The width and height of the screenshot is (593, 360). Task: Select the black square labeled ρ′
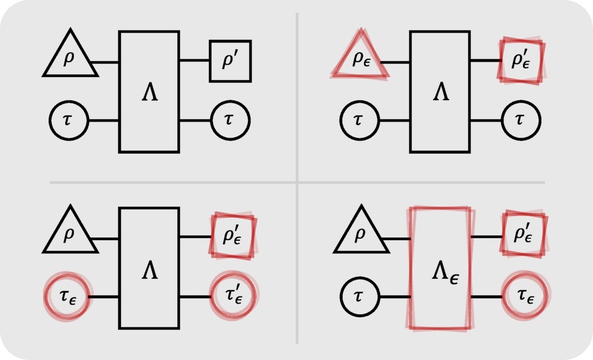(x=230, y=61)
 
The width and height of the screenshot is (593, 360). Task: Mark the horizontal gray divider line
(x=178, y=182)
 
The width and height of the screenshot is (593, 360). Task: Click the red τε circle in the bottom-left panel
(x=68, y=295)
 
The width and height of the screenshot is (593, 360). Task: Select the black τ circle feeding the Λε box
(x=359, y=296)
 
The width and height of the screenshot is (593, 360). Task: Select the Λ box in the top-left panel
(x=149, y=92)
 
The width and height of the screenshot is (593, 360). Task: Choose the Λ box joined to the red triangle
(x=439, y=92)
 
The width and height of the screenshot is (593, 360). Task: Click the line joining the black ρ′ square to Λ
(x=194, y=60)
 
